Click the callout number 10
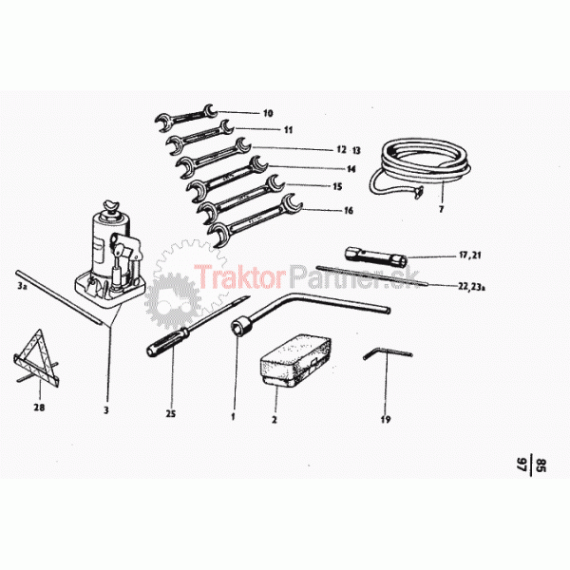[268, 113]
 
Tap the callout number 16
[349, 211]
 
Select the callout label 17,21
[470, 256]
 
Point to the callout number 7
[442, 209]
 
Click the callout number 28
[39, 408]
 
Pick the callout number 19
[386, 420]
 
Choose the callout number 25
[170, 413]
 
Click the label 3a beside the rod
[22, 287]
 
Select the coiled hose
[420, 168]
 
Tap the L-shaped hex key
[388, 353]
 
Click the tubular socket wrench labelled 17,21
[376, 256]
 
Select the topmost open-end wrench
[187, 117]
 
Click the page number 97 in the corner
[522, 465]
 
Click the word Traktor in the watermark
[240, 275]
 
